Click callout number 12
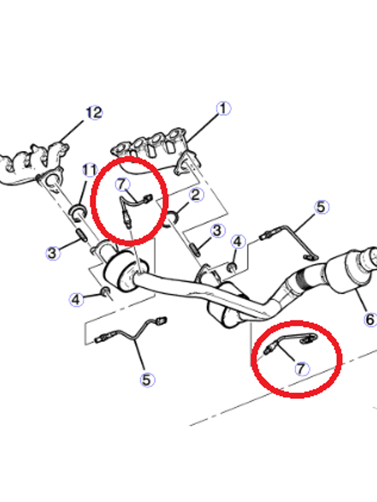pyautogui.click(x=95, y=113)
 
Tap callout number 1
pyautogui.click(x=224, y=108)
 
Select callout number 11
pyautogui.click(x=89, y=170)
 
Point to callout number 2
pyautogui.click(x=196, y=195)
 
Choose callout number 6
pyautogui.click(x=370, y=319)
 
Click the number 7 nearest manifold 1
pyautogui.click(x=122, y=184)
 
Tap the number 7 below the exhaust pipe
pyautogui.click(x=301, y=368)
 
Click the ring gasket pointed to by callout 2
pyautogui.click(x=172, y=218)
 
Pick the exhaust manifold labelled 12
pyautogui.click(x=33, y=162)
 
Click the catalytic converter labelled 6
pyautogui.click(x=351, y=269)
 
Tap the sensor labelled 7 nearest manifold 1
pyautogui.click(x=132, y=208)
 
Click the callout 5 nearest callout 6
pyautogui.click(x=321, y=207)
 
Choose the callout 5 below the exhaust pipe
pyautogui.click(x=147, y=379)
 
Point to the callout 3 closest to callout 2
pyautogui.click(x=217, y=231)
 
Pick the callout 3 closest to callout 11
pyautogui.click(x=53, y=253)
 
